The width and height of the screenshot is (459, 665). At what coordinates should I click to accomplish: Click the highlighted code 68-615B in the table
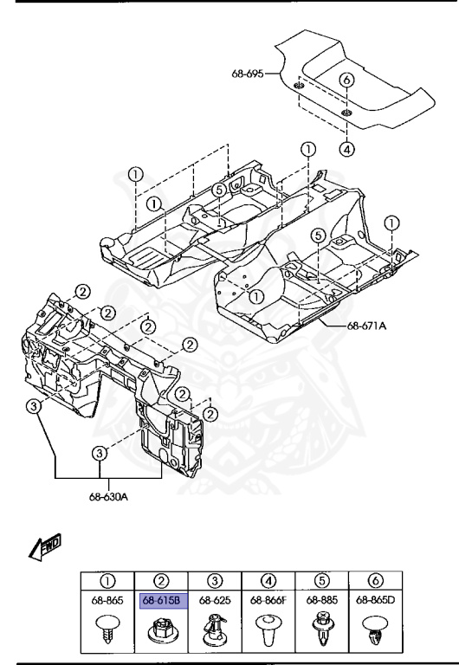pyautogui.click(x=161, y=598)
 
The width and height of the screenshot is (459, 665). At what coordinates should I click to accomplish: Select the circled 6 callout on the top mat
pyautogui.click(x=346, y=80)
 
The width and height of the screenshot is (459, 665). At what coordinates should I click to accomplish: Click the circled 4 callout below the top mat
pyautogui.click(x=346, y=148)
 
